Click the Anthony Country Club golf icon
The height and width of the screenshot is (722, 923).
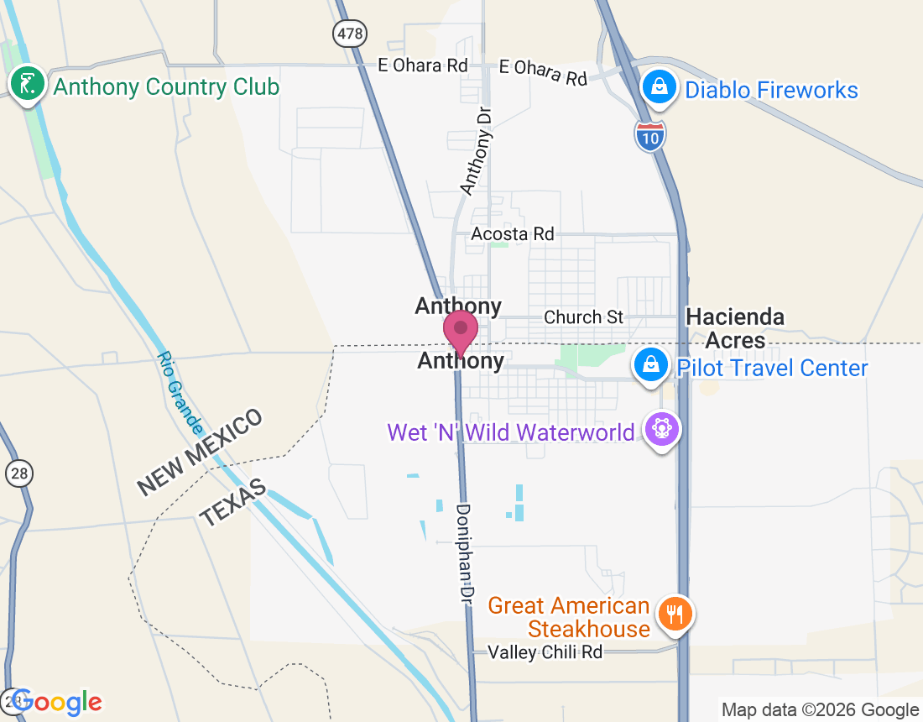pyautogui.click(x=28, y=84)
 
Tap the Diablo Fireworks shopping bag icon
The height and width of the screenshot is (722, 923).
pyautogui.click(x=660, y=87)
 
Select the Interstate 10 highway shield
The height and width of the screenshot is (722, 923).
pyautogui.click(x=650, y=136)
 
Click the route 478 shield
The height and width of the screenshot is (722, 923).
pyautogui.click(x=348, y=34)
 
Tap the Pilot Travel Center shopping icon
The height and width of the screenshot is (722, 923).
pyautogui.click(x=650, y=364)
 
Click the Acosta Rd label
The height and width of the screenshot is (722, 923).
pyautogui.click(x=513, y=233)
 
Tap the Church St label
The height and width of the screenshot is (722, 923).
pyautogui.click(x=584, y=317)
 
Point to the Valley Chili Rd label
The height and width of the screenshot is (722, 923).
pyautogui.click(x=545, y=651)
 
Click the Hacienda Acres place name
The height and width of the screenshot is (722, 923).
pyautogui.click(x=735, y=328)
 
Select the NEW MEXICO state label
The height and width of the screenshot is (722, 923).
pyautogui.click(x=200, y=452)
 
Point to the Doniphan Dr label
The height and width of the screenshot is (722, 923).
pyautogui.click(x=465, y=551)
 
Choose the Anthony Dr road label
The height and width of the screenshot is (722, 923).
pyautogui.click(x=474, y=150)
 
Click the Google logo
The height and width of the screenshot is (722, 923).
pyautogui.click(x=57, y=702)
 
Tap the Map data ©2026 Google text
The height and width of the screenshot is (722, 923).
pyautogui.click(x=820, y=710)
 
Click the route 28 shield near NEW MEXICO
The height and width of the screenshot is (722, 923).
pyautogui.click(x=18, y=473)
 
